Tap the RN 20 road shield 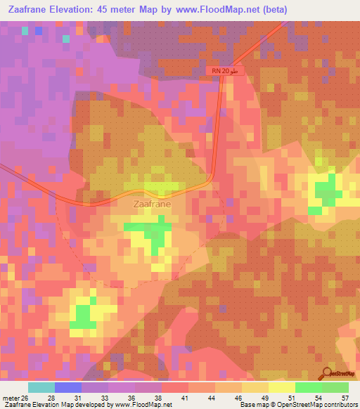tap(219, 72)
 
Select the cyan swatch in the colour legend tap(41, 387)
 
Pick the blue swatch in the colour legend tap(68, 387)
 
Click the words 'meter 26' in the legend tap(15, 398)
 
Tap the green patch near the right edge tap(326, 190)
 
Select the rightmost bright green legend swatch tap(335, 387)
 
